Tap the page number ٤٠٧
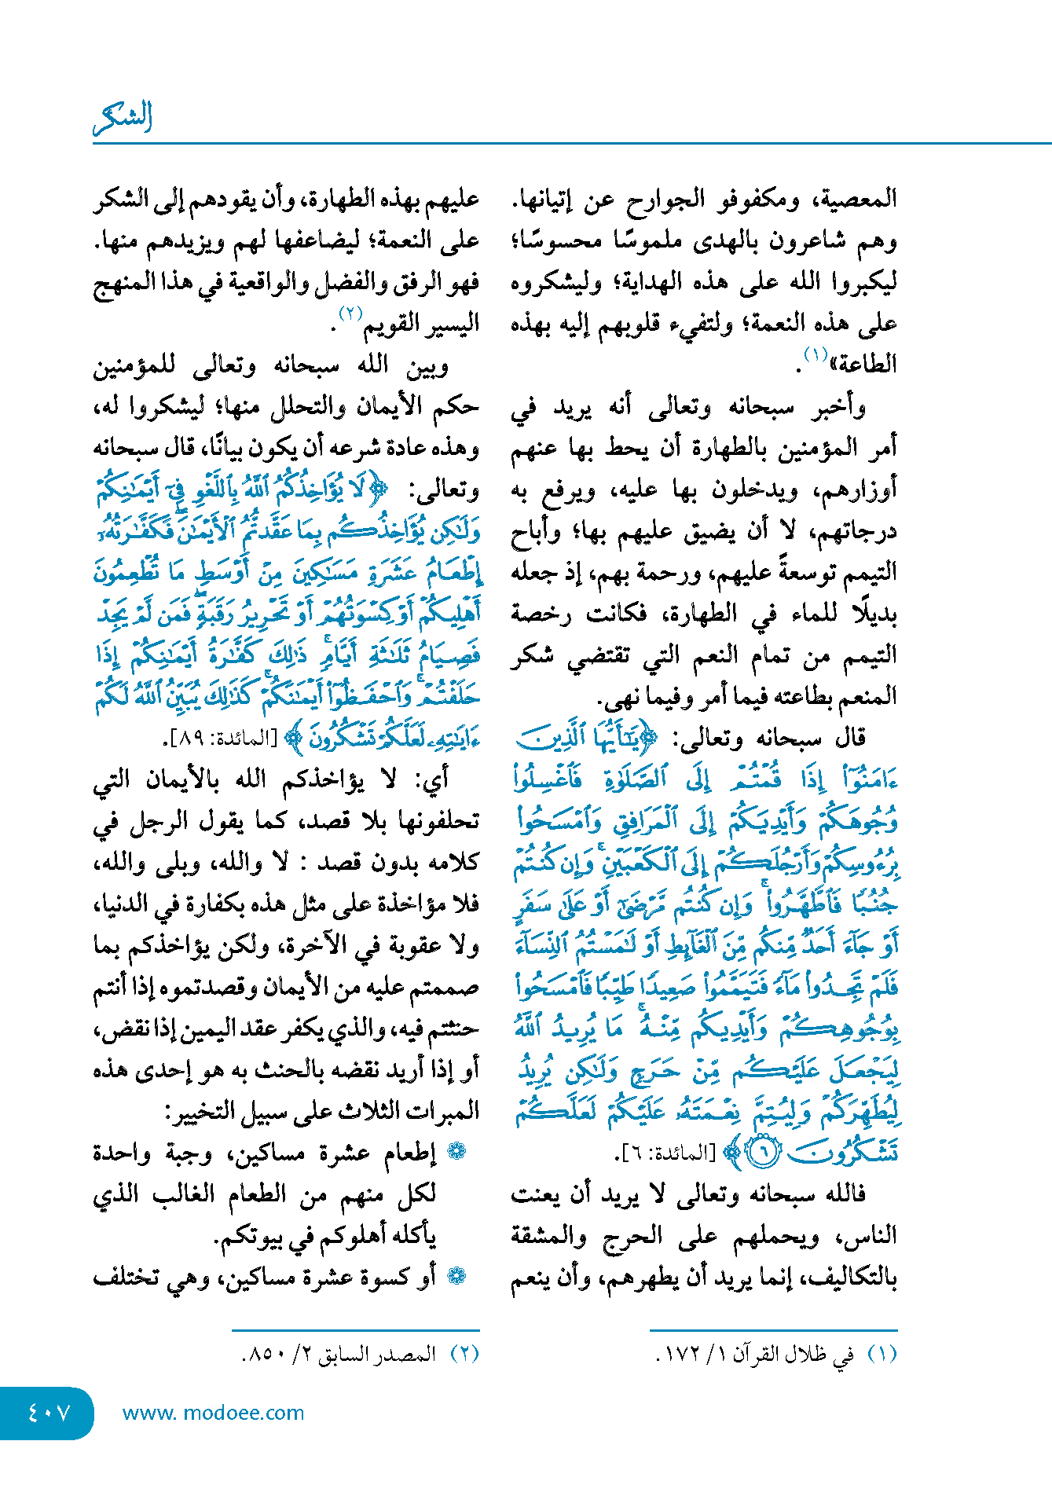click(x=49, y=1413)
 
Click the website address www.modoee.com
click(x=213, y=1413)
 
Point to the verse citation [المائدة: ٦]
click(x=666, y=1153)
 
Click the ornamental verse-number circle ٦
click(x=761, y=1153)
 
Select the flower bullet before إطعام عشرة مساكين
click(x=456, y=1152)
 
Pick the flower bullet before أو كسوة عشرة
click(x=456, y=1276)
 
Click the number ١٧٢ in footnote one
click(x=683, y=1355)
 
